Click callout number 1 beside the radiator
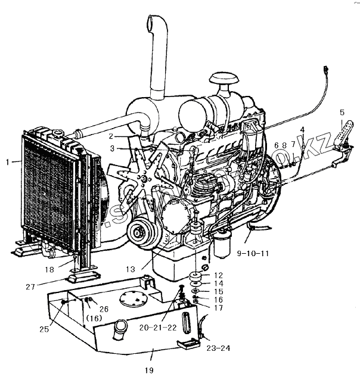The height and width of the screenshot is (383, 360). pos(8,161)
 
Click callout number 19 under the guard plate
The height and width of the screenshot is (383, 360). pos(148,371)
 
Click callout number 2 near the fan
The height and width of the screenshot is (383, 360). pos(111,136)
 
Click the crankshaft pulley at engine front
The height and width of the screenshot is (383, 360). pos(141,231)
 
